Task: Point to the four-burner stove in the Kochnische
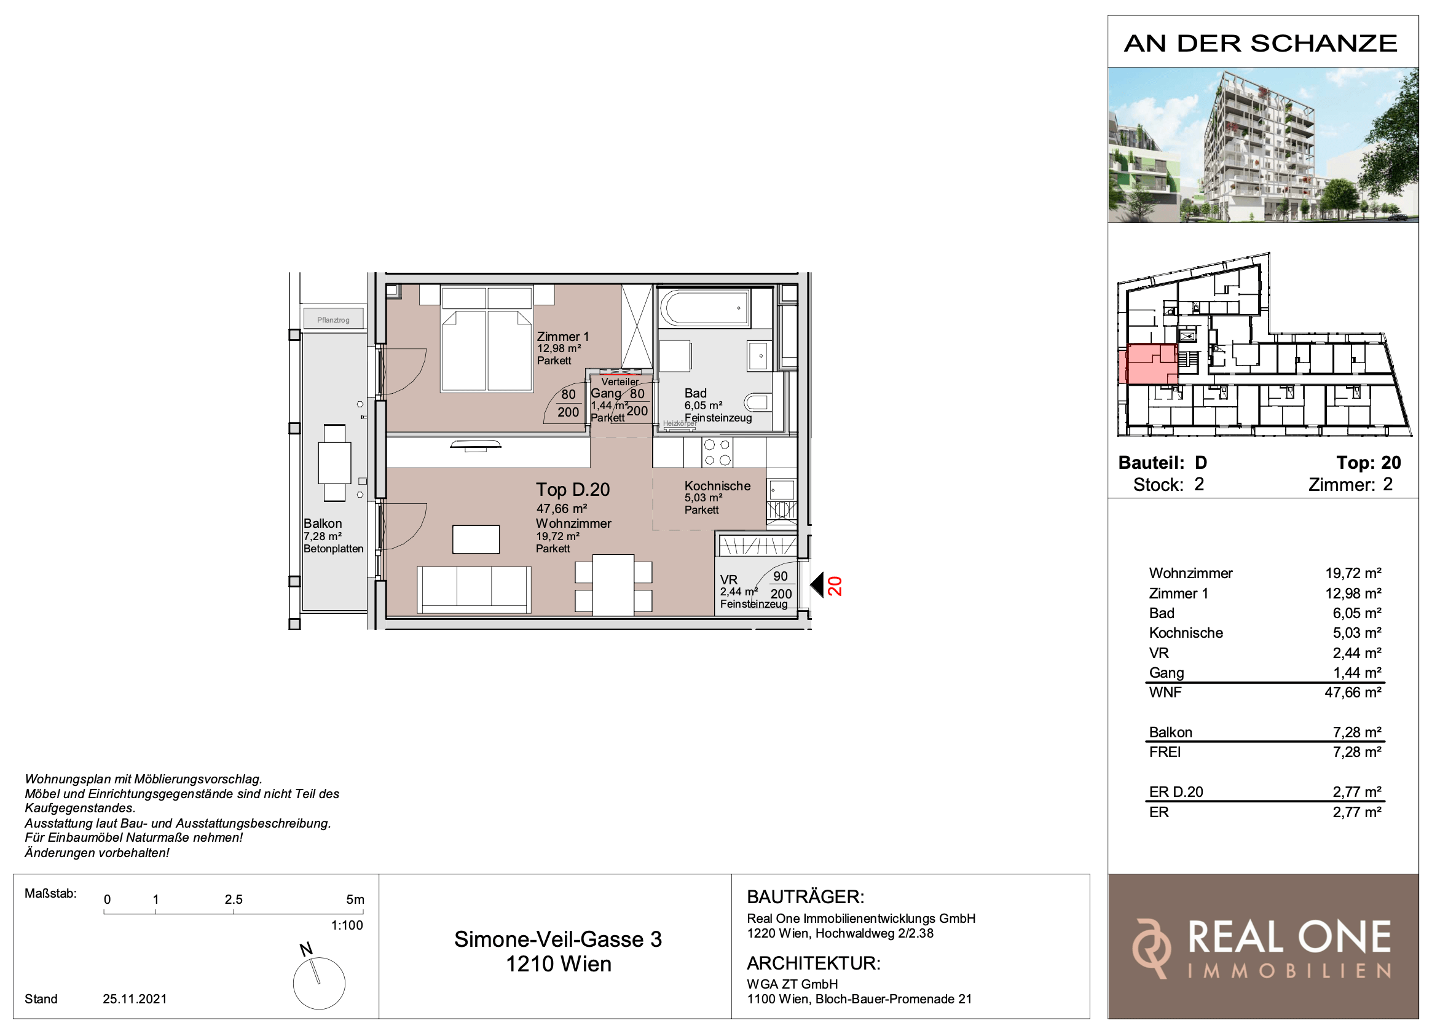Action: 717,452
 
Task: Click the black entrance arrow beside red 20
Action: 817,586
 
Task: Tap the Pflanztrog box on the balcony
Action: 333,319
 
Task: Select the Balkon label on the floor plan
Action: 323,523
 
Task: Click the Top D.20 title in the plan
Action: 573,489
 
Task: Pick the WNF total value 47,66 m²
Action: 1353,692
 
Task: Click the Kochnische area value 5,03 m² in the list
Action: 1357,633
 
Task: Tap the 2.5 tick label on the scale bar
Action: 234,899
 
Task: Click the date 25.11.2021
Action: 135,999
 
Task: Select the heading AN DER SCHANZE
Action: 1261,44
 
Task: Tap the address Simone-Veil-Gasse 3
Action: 558,939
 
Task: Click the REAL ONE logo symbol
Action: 1151,949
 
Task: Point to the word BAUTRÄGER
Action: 806,896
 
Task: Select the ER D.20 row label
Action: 1176,792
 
